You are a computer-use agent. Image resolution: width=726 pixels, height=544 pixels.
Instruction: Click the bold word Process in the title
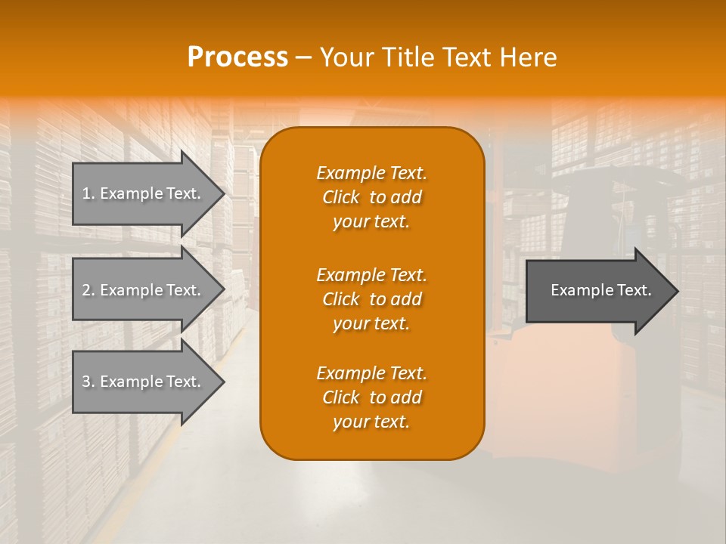237,57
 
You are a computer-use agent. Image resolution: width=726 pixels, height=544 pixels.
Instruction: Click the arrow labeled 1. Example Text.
144,193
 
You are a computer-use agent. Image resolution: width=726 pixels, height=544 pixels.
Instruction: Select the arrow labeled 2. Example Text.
144,290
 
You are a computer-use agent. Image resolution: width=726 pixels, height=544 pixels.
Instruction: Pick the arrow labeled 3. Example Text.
144,382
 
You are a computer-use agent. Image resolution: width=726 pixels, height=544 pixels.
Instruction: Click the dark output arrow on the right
597,291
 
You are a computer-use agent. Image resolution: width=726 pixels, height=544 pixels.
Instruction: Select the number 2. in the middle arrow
88,290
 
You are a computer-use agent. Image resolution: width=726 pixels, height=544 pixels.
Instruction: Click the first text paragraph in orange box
371,197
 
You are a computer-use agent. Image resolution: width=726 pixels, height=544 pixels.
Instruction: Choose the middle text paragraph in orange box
371,299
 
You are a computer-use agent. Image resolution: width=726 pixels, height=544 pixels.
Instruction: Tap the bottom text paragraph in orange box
371,397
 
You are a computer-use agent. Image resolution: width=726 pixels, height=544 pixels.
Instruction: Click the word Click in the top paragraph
341,198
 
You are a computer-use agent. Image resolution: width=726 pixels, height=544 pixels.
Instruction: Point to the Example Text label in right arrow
600,290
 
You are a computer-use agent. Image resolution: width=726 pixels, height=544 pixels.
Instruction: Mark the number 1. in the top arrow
88,193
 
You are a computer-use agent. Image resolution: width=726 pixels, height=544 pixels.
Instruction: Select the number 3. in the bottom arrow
88,382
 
